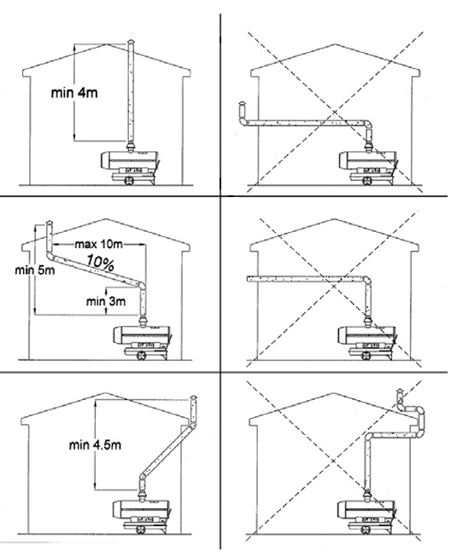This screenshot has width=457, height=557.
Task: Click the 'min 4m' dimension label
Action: (74, 93)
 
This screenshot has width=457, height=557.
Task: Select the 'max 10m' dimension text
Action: (98, 244)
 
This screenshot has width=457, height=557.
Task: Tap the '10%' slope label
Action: (101, 263)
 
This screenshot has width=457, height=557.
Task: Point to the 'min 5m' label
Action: (35, 270)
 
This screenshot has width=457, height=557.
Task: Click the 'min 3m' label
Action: (106, 302)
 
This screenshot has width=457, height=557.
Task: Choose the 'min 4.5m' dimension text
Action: (95, 444)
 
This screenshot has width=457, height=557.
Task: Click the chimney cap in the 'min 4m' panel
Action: (132, 42)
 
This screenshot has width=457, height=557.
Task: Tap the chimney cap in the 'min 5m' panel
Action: (50, 223)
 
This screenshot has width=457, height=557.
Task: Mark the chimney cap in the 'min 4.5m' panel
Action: (193, 397)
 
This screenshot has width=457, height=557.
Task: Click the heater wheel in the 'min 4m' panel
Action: (128, 180)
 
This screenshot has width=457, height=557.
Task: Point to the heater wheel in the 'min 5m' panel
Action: (141, 355)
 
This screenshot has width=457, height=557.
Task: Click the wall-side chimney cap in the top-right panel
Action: (242, 104)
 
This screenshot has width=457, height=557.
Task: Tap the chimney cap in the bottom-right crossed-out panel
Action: (400, 392)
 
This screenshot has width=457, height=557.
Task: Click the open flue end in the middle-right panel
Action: (249, 278)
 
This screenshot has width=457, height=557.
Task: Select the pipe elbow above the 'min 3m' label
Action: (141, 286)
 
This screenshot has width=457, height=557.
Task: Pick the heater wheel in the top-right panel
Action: (366, 180)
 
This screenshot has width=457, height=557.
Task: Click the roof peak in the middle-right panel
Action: (334, 219)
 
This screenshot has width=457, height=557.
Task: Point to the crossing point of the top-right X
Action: (334, 113)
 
